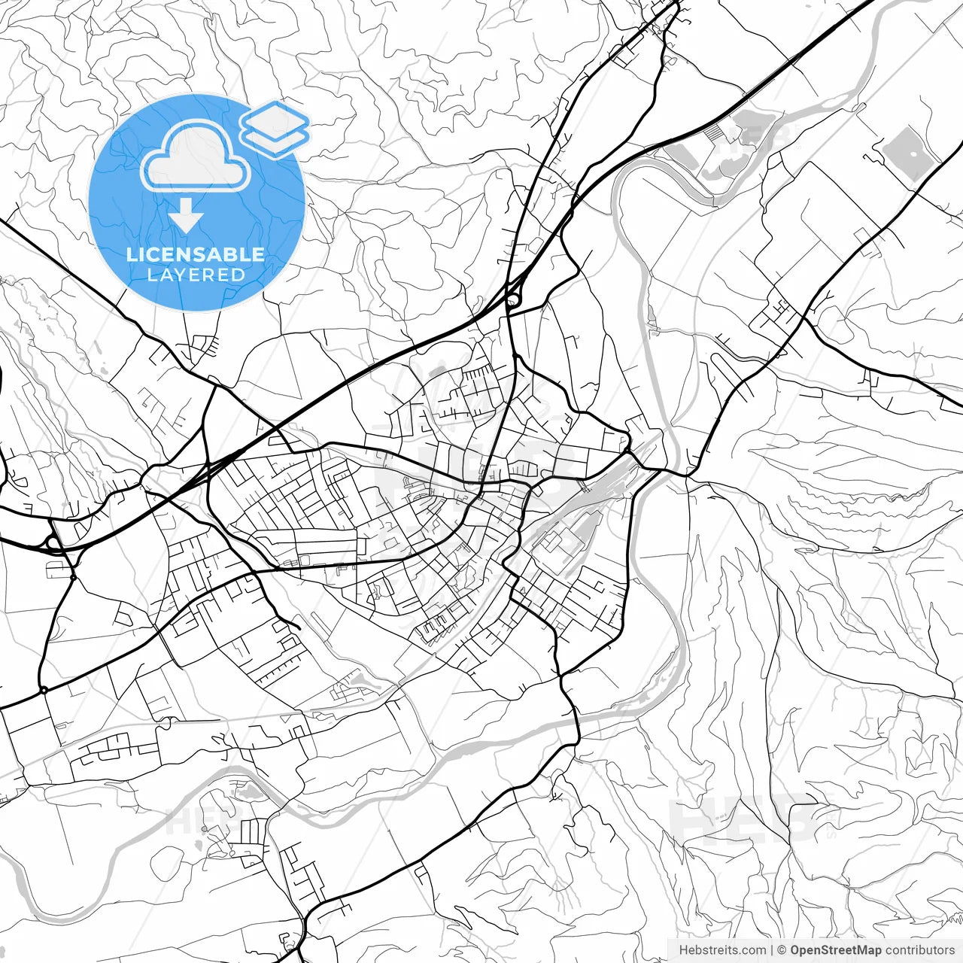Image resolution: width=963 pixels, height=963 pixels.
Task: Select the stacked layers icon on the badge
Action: (x=275, y=128)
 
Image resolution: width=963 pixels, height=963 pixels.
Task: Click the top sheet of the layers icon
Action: (x=275, y=117)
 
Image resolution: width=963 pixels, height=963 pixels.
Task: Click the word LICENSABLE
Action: (x=196, y=254)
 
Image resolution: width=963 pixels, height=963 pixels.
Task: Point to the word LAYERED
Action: (x=196, y=275)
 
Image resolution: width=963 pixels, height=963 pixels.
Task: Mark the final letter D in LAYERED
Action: (x=238, y=275)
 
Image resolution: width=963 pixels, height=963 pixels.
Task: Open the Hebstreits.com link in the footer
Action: (x=722, y=950)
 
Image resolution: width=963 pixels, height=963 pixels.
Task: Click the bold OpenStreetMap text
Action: (x=835, y=950)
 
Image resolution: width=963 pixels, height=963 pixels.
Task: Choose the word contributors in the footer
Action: (x=919, y=950)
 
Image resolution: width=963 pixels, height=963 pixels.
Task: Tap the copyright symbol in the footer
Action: (x=782, y=950)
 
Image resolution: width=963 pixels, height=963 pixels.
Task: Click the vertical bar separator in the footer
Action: (x=773, y=950)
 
